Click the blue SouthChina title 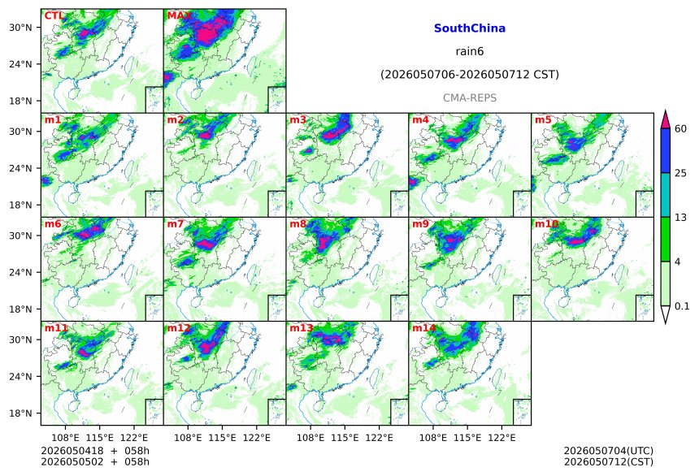[x=470, y=28]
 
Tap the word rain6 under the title [x=470, y=51]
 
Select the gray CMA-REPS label [x=470, y=97]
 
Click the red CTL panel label [x=53, y=16]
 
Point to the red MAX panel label [x=178, y=16]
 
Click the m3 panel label [x=297, y=120]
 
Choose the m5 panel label [x=543, y=120]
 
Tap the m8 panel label [x=297, y=223]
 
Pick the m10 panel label [x=546, y=223]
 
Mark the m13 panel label [x=301, y=328]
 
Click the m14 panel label [x=423, y=328]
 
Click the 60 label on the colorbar [x=680, y=129]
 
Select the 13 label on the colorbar [x=680, y=218]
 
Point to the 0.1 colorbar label [x=682, y=306]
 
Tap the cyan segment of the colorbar [x=665, y=195]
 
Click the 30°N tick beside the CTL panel [x=20, y=28]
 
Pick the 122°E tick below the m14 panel [x=501, y=438]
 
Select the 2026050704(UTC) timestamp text [x=609, y=451]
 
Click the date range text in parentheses [x=470, y=75]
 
